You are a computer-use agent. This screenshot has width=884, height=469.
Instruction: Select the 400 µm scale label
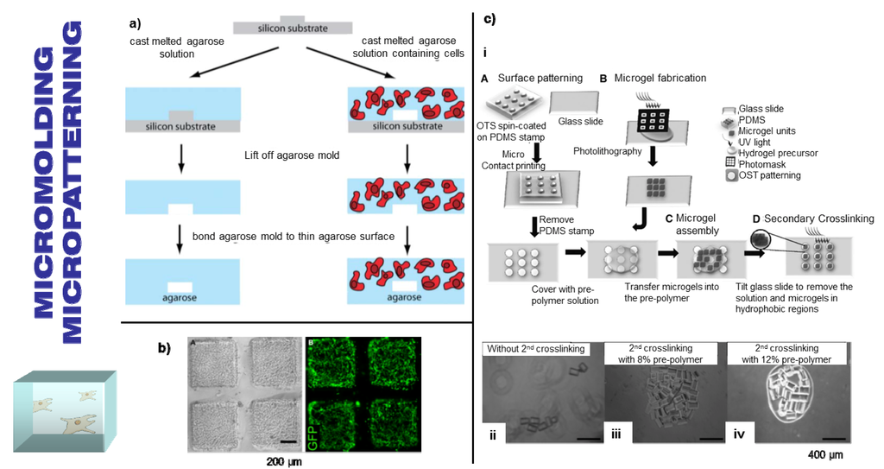click(x=821, y=453)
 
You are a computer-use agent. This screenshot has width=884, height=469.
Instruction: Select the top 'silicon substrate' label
click(x=294, y=28)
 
